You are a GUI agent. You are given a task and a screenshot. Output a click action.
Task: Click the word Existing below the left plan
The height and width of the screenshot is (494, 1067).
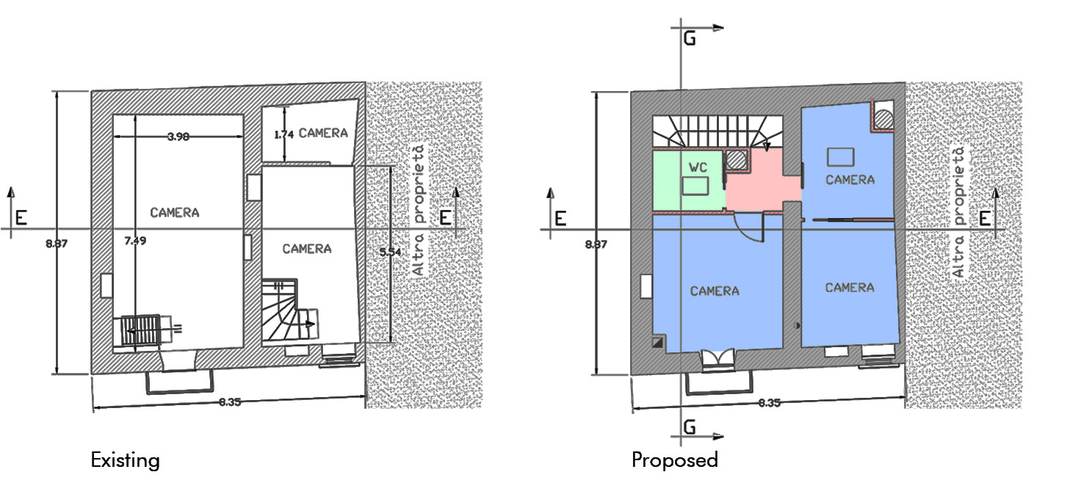pos(125,460)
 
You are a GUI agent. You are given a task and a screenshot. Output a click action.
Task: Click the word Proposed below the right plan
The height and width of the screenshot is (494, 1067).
pos(674,460)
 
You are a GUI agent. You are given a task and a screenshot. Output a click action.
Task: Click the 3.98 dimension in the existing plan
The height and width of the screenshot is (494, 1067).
pos(178,137)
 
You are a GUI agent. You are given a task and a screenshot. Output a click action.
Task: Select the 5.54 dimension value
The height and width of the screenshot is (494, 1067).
pos(391,253)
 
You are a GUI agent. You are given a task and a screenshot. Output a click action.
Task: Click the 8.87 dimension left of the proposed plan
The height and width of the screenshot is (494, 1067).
pos(596,244)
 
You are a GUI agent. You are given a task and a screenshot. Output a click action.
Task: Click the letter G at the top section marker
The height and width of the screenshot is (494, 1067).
pos(690,39)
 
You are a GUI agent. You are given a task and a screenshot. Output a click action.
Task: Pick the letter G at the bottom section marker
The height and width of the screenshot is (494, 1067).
pos(690,426)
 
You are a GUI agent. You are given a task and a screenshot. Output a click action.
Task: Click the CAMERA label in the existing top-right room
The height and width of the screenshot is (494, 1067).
pos(323,133)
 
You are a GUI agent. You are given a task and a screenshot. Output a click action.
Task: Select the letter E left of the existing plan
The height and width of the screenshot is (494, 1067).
pos(21,218)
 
